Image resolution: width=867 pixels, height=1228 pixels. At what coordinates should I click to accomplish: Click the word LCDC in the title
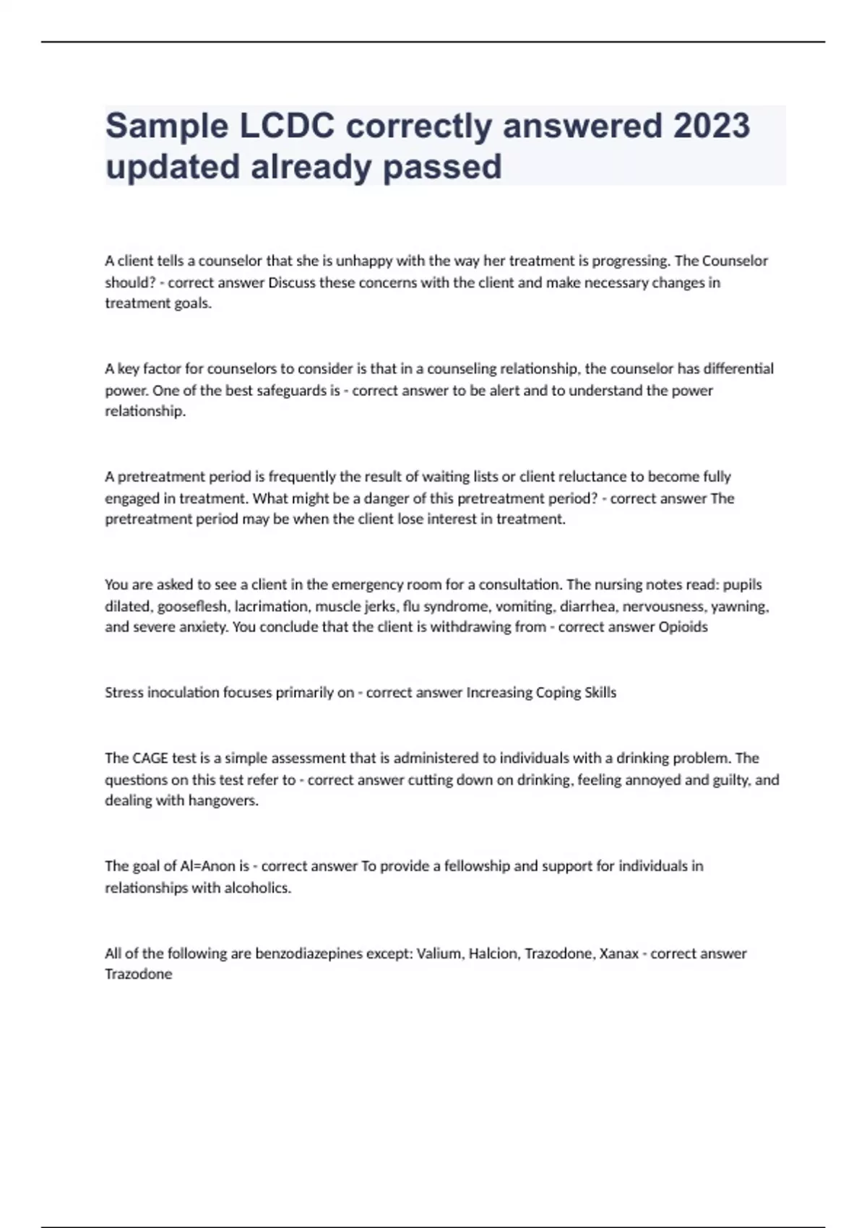point(287,126)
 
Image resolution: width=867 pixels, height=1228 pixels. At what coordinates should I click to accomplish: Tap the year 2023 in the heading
point(711,126)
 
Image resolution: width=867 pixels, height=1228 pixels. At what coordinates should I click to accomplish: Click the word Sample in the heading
point(167,126)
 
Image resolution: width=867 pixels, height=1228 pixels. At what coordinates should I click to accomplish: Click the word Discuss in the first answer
point(292,282)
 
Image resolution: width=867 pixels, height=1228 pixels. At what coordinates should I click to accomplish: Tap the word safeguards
point(288,390)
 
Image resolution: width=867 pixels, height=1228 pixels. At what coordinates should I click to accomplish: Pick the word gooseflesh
point(192,606)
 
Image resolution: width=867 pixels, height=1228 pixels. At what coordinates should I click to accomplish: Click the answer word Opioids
point(683,627)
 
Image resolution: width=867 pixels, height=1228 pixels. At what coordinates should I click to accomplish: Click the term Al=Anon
point(207,865)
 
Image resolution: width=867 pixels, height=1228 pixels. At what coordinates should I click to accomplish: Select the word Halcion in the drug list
point(493,954)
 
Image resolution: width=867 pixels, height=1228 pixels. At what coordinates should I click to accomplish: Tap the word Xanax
point(619,954)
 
